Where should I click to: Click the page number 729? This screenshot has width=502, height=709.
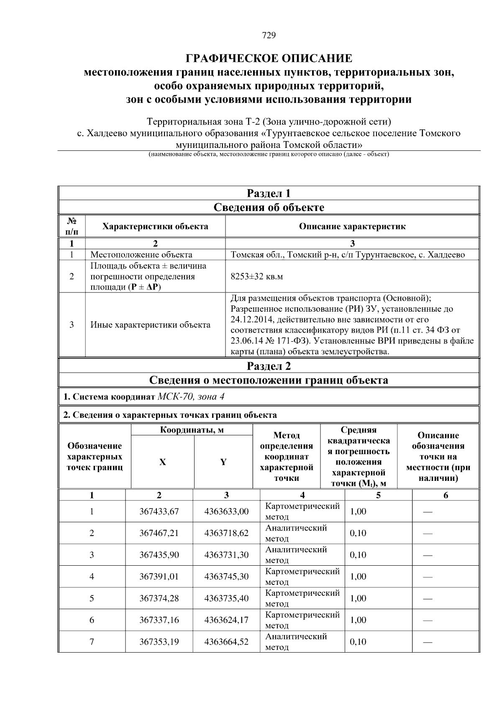tap(269, 36)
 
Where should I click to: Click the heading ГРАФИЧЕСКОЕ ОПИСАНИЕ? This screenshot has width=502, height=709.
tap(269, 58)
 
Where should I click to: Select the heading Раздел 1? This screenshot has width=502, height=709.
tap(269, 193)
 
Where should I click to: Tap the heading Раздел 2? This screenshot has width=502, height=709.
tap(269, 366)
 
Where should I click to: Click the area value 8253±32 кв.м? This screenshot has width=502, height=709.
tap(257, 277)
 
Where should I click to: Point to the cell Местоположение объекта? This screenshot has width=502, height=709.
tap(141, 255)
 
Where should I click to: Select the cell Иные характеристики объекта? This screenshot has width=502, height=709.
tap(150, 325)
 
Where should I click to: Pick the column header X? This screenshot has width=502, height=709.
tap(162, 462)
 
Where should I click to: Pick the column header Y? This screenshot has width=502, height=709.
tap(223, 462)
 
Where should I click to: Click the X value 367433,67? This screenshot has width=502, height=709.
tap(159, 512)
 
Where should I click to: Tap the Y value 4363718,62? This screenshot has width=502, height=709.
tap(226, 534)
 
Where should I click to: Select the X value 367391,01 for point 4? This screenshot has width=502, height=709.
tap(159, 577)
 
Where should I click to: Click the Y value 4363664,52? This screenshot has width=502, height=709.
tap(226, 642)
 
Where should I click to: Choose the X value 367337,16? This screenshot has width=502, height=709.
tap(159, 620)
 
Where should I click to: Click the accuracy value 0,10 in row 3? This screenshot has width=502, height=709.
tap(358, 555)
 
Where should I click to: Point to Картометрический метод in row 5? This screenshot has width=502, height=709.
tap(302, 598)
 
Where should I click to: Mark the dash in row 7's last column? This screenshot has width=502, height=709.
tap(428, 642)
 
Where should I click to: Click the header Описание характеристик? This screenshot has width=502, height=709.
tap(352, 227)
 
